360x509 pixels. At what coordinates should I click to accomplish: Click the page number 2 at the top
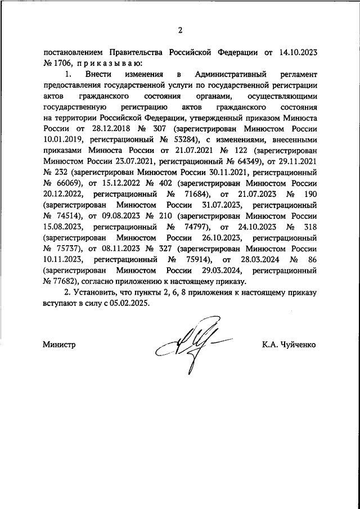tap(180, 30)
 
